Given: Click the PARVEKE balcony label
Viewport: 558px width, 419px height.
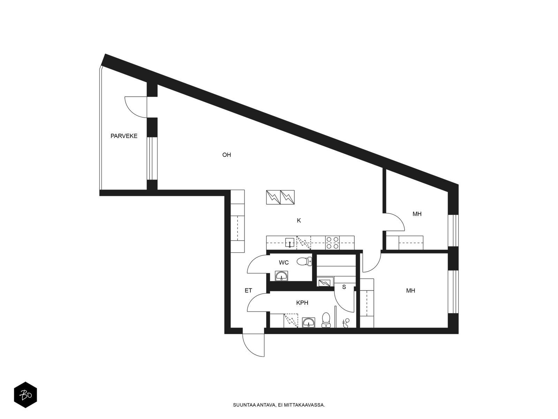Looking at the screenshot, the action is click(x=124, y=136).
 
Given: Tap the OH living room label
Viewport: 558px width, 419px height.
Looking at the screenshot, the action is click(x=226, y=155).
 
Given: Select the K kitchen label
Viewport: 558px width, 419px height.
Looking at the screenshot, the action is click(x=299, y=220).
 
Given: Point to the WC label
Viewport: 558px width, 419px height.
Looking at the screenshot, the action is click(x=284, y=263).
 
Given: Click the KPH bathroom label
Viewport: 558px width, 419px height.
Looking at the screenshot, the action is click(x=302, y=303).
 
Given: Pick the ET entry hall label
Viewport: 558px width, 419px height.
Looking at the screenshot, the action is click(x=248, y=290).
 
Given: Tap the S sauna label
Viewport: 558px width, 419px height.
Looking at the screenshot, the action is click(x=344, y=287).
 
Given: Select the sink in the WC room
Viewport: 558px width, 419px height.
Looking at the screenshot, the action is click(x=281, y=276).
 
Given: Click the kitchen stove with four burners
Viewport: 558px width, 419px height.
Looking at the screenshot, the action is click(x=332, y=243).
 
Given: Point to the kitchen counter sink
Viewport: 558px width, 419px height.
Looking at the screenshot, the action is click(x=290, y=243).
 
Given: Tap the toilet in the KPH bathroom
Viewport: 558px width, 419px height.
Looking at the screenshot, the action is click(x=326, y=320).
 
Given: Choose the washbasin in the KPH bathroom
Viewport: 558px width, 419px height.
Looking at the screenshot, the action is click(x=308, y=323).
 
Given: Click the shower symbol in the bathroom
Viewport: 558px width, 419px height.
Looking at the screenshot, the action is click(x=346, y=323).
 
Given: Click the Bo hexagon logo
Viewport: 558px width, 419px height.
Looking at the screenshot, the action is click(x=25, y=395).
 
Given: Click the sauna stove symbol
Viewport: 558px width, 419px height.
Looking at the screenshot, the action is click(x=325, y=282).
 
